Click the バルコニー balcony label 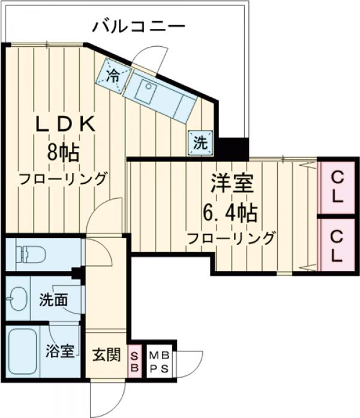pyautogui.click(x=138, y=27)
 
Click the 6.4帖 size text pyautogui.click(x=231, y=211)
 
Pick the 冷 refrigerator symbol pyautogui.click(x=113, y=75)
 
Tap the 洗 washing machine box pyautogui.click(x=200, y=142)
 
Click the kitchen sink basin pyautogui.click(x=146, y=91)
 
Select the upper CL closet pyautogui.click(x=337, y=186)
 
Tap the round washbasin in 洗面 pyautogui.click(x=17, y=298)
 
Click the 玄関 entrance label pyautogui.click(x=106, y=354)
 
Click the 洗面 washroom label pyautogui.click(x=55, y=300)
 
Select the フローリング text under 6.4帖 pyautogui.click(x=231, y=237)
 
